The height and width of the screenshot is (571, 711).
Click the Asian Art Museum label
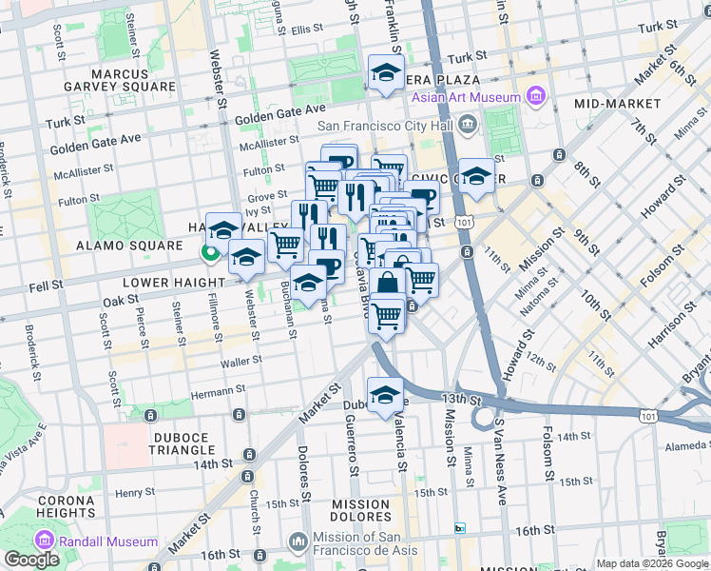466,97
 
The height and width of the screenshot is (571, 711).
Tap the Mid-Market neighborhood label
617,103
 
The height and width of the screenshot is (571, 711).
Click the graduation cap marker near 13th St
385,395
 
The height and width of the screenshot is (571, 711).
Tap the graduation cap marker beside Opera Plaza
386,72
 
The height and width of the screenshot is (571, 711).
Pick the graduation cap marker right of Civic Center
476,176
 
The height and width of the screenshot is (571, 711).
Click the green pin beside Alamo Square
208,253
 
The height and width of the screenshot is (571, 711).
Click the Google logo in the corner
31,560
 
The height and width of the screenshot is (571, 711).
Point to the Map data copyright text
651,563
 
